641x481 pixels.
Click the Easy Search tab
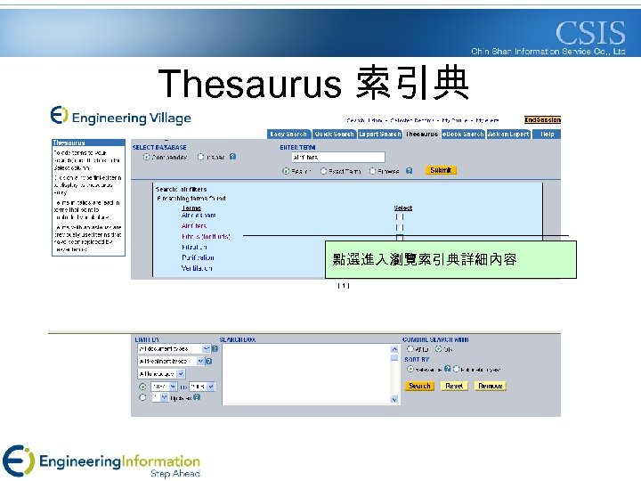point(288,135)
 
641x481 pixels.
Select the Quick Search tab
point(333,135)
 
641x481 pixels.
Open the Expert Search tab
point(380,135)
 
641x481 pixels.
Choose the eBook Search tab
point(463,135)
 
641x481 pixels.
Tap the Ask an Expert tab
point(508,135)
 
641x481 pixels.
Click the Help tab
point(547,135)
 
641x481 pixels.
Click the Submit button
point(441,169)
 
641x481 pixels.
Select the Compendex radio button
point(147,157)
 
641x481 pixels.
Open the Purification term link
point(198,257)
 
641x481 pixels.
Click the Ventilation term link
point(197,268)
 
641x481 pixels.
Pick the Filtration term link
point(195,247)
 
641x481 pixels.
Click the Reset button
point(454,387)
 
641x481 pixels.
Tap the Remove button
point(490,387)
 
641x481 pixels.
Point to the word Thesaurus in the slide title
point(249,84)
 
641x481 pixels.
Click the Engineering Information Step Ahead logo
point(102,461)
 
